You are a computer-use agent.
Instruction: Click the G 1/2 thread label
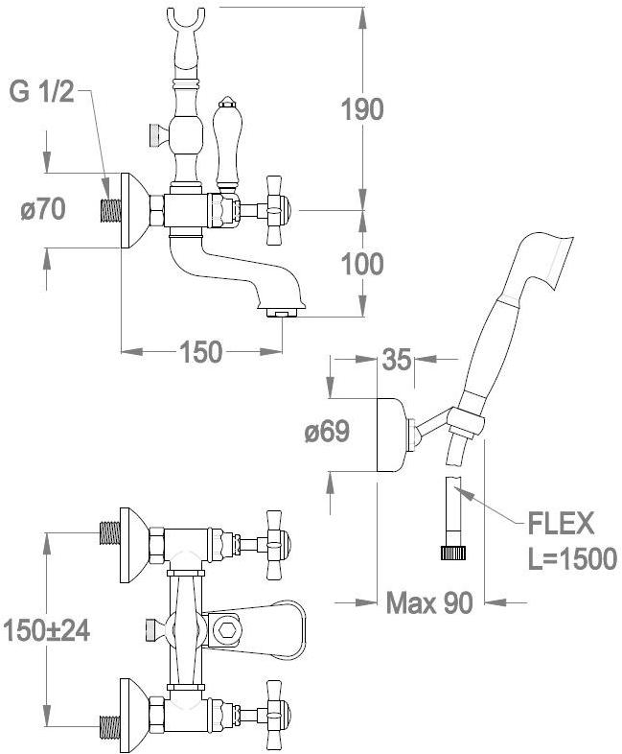40,93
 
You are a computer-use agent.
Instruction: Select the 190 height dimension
362,108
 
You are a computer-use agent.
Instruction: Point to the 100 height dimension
361,263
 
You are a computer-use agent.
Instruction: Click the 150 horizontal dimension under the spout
201,352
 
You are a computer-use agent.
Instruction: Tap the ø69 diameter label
327,433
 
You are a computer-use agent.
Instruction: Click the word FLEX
562,525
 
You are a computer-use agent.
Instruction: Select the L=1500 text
571,560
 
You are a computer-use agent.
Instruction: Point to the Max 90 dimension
429,602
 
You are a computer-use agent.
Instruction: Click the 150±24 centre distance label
45,629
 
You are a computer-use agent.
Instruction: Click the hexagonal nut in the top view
228,629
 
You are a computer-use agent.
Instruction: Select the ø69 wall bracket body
393,434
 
